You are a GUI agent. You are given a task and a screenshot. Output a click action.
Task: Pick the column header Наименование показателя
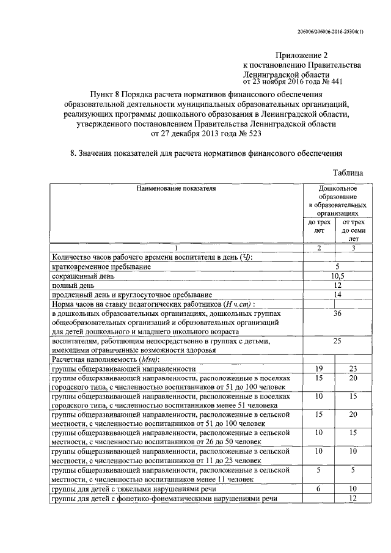click(176, 189)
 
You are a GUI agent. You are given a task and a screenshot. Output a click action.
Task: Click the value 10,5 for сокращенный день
click(337, 276)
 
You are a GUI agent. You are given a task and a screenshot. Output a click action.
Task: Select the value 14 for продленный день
click(337, 294)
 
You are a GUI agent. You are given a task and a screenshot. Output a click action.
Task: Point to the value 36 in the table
click(337, 313)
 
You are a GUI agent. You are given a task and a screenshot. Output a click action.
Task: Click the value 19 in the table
click(318, 368)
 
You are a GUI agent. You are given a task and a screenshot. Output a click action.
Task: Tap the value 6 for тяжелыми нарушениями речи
click(318, 489)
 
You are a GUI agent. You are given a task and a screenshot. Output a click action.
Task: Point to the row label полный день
click(73, 285)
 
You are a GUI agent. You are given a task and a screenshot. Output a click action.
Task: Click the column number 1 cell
click(176, 247)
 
